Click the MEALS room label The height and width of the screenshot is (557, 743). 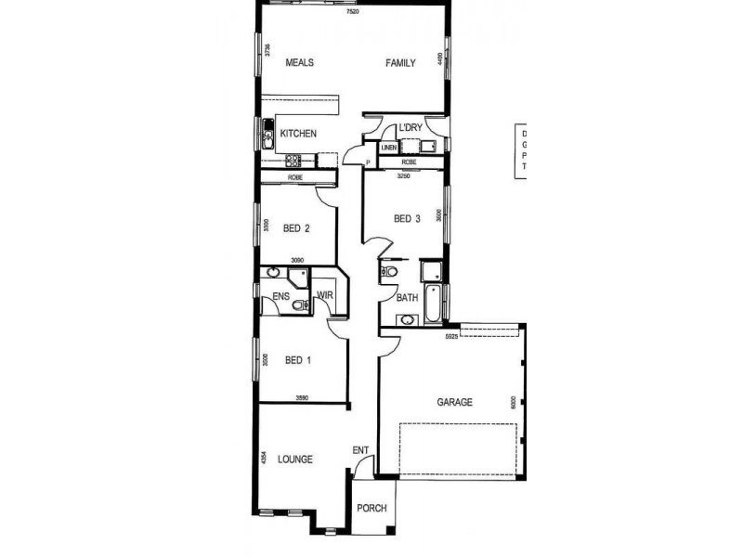pyautogui.click(x=299, y=63)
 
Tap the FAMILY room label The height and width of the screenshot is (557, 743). pyautogui.click(x=400, y=63)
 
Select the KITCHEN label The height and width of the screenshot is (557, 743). pyautogui.click(x=298, y=134)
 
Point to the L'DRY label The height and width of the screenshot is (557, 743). pyautogui.click(x=411, y=128)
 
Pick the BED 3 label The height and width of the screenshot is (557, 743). pyautogui.click(x=408, y=219)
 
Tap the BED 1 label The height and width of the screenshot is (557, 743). pyautogui.click(x=298, y=360)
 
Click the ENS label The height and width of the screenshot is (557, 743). pyautogui.click(x=281, y=297)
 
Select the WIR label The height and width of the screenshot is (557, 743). pyautogui.click(x=325, y=296)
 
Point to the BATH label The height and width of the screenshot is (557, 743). pyautogui.click(x=408, y=298)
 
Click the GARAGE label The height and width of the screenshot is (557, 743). pyautogui.click(x=455, y=403)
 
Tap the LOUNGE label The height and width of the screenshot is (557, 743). pyautogui.click(x=294, y=460)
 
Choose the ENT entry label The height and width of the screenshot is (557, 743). pyautogui.click(x=361, y=451)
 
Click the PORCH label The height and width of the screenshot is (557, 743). pyautogui.click(x=371, y=509)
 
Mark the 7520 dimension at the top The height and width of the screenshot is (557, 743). pyautogui.click(x=351, y=12)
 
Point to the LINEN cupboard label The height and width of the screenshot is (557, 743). pyautogui.click(x=388, y=148)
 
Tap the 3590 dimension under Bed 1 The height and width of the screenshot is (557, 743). pyautogui.click(x=302, y=398)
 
